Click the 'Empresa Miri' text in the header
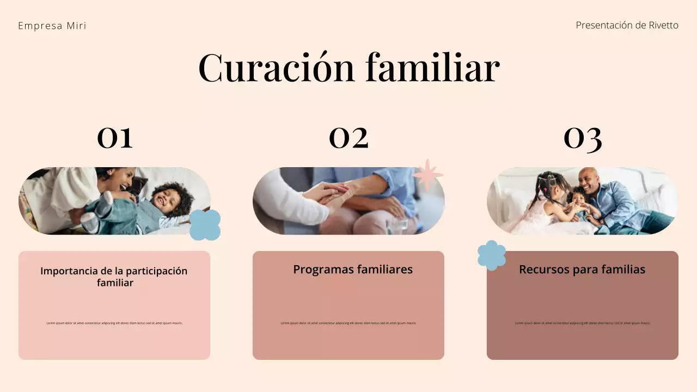[52, 26]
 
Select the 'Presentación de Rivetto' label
[627, 25]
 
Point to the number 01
[115, 138]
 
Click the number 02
[348, 138]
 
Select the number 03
[583, 138]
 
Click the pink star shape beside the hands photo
[428, 175]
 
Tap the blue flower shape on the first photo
[205, 225]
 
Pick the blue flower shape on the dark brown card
[492, 255]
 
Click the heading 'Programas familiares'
[353, 269]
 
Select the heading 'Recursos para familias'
[582, 269]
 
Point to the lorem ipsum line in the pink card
[114, 323]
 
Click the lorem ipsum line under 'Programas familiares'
[348, 323]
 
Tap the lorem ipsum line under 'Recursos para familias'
[583, 323]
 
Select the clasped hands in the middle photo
[327, 191]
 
